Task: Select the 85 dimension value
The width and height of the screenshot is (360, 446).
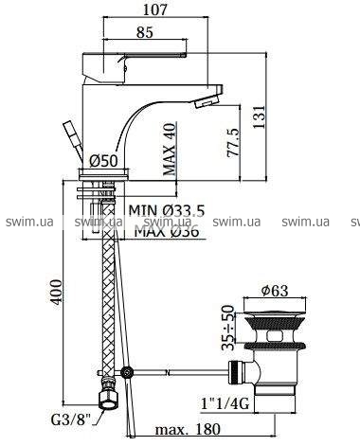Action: coord(145,32)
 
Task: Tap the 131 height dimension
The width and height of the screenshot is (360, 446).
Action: coord(259,116)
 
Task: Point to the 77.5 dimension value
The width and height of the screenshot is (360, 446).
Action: coord(234,142)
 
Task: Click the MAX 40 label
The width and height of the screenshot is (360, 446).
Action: coord(169,149)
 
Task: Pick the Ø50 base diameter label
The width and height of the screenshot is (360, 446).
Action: coord(103,161)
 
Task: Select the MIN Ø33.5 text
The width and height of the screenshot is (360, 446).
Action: coord(167,210)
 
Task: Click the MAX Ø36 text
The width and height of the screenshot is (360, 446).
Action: coord(167,231)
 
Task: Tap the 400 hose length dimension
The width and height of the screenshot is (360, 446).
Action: coord(57,292)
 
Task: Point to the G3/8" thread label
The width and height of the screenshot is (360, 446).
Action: coord(71,420)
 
